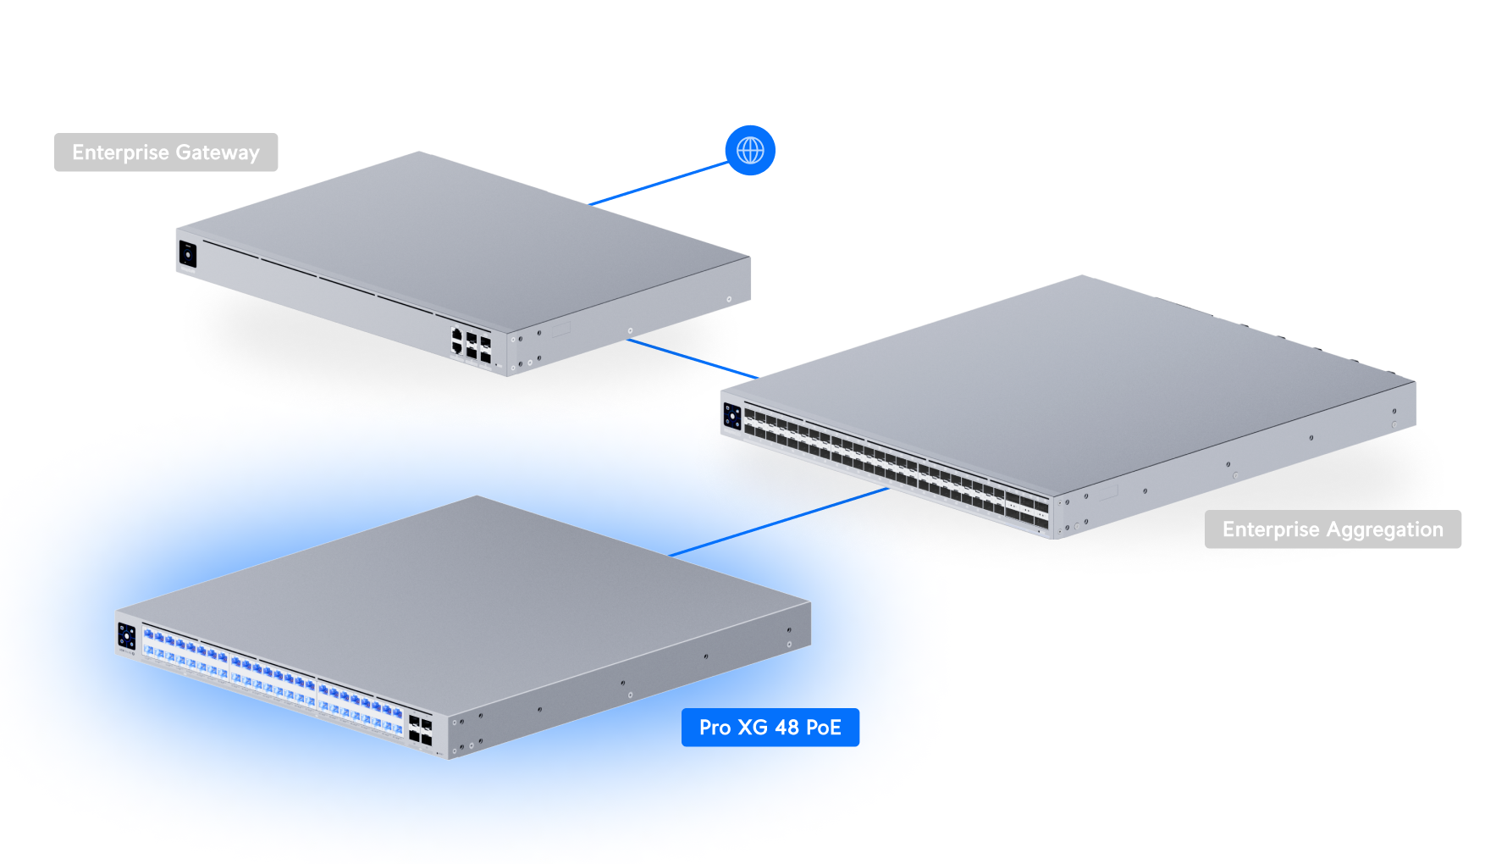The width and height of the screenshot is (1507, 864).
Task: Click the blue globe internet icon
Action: [750, 151]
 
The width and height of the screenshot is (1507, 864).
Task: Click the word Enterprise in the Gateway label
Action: [120, 152]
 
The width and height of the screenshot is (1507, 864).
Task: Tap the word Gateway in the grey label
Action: [218, 153]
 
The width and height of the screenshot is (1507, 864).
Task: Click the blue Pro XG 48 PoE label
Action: [770, 728]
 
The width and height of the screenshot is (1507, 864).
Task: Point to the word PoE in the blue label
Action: [823, 728]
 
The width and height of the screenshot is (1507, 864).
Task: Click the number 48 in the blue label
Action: [787, 728]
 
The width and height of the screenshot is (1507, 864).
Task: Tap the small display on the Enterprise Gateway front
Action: [188, 254]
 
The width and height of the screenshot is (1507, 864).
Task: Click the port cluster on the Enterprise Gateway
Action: [471, 345]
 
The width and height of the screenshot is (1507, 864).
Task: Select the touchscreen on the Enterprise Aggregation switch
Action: [732, 417]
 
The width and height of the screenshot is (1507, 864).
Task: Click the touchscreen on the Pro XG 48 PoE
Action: [127, 636]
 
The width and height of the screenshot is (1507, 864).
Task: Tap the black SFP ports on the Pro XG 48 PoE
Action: [420, 729]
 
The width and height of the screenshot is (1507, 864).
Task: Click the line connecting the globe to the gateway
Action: [659, 184]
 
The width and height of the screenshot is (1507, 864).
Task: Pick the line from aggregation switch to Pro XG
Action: [779, 522]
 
